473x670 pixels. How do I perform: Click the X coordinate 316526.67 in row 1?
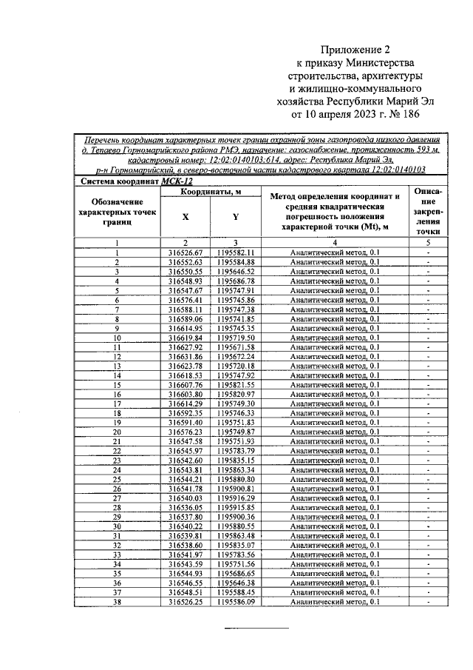[186, 252]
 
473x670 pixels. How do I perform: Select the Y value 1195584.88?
[236, 262]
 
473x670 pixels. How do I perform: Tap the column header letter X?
[186, 217]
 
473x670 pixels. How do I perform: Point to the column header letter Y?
[236, 217]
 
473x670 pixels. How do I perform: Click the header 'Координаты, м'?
[211, 192]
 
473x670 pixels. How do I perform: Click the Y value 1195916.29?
[236, 498]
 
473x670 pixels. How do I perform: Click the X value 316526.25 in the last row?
[186, 602]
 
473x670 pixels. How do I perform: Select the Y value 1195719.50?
[236, 338]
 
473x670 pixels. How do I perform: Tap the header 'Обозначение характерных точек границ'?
[118, 211]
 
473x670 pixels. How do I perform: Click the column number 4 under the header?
[335, 243]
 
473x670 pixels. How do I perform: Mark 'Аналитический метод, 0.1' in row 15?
[335, 385]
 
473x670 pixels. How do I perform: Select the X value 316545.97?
[186, 451]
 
